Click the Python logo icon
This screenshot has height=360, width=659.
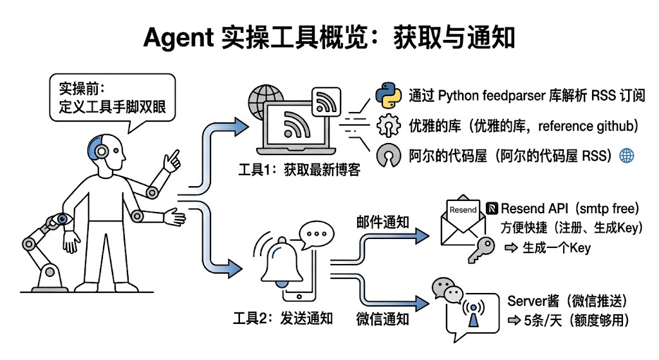[388, 95]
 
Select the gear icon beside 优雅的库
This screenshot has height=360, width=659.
[389, 125]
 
